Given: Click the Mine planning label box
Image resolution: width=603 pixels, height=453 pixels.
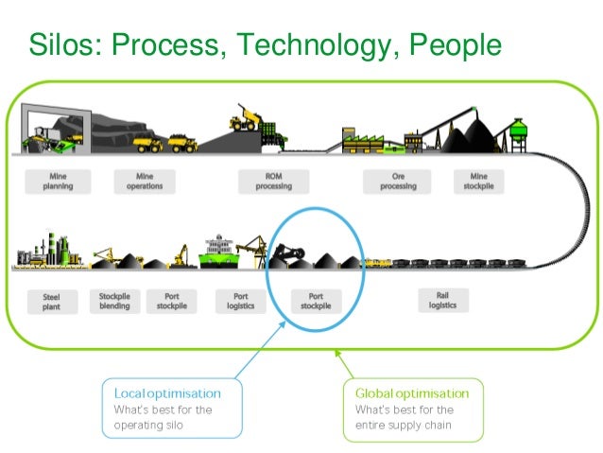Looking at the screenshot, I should click(x=57, y=181).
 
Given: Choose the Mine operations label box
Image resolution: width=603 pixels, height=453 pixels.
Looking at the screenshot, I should click(x=144, y=181).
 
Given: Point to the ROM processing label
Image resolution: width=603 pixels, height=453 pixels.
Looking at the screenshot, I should click(x=273, y=181).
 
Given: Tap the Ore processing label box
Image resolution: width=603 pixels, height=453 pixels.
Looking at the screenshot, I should click(x=398, y=181).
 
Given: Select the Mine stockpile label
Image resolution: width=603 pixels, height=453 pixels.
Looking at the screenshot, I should click(x=478, y=181).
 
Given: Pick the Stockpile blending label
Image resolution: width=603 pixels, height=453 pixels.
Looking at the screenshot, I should click(x=114, y=301).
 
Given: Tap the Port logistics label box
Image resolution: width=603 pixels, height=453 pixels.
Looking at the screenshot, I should click(x=240, y=301).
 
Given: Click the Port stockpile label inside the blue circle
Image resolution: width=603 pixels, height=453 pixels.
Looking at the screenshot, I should click(x=316, y=301).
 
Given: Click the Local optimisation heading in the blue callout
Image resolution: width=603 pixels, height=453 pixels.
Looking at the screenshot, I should click(x=167, y=392).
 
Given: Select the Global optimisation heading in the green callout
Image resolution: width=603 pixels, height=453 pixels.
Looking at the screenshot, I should click(x=411, y=392).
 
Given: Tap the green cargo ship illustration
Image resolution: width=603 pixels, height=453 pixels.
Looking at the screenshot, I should click(x=229, y=253).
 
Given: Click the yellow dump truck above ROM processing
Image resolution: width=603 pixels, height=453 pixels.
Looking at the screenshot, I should click(x=245, y=120).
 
